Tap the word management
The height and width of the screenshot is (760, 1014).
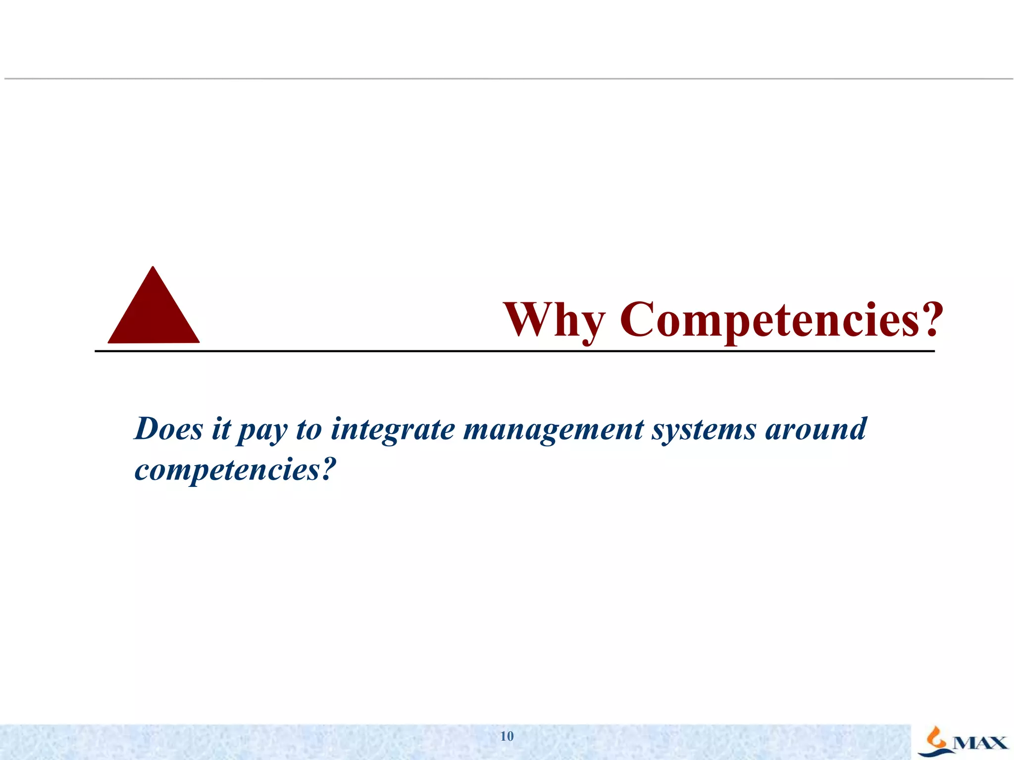[x=554, y=429]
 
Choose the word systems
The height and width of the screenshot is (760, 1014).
[x=704, y=429]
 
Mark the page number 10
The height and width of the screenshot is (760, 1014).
[x=507, y=736]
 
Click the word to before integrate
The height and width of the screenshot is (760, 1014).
[x=309, y=429]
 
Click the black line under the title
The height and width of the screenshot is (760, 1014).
[x=515, y=351]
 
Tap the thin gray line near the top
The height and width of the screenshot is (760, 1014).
[x=507, y=79]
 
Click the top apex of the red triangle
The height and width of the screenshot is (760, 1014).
[x=153, y=268]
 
